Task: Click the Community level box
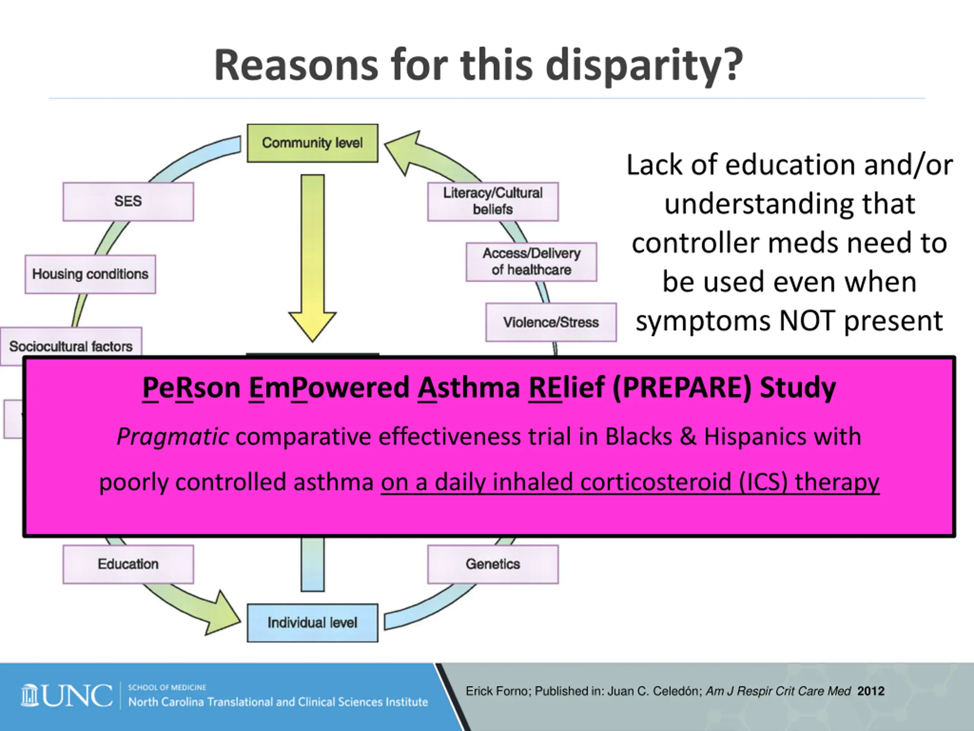[312, 143]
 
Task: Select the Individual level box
[312, 622]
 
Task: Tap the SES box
[128, 201]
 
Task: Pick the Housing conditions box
[90, 274]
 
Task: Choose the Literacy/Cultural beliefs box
[493, 201]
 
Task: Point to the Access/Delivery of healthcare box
[532, 262]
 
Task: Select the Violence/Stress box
[551, 322]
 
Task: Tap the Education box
[128, 564]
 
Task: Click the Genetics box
[493, 564]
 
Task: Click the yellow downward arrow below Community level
[313, 255]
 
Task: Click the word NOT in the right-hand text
[807, 321]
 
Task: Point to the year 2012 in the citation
[871, 691]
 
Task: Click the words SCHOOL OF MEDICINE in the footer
[167, 687]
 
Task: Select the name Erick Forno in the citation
[498, 691]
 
